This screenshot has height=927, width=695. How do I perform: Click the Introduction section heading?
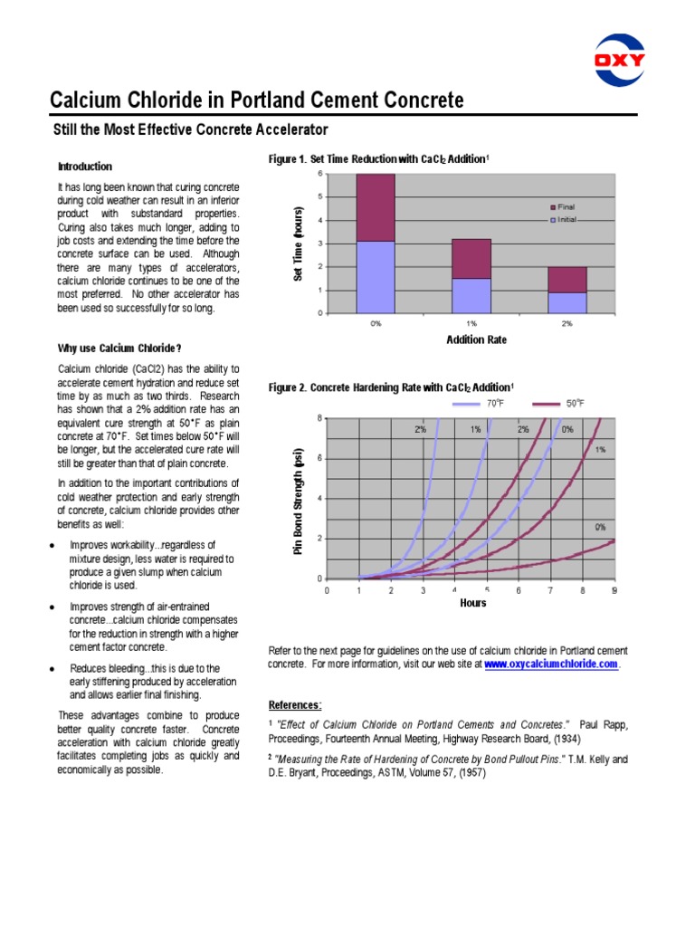pos(85,167)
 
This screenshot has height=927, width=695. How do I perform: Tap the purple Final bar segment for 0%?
pos(376,207)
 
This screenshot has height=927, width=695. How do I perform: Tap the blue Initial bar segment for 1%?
pos(471,295)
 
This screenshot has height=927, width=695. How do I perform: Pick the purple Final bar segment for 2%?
pos(567,279)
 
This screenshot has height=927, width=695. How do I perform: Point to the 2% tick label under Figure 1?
pos(567,323)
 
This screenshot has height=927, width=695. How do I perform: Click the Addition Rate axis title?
pos(477,339)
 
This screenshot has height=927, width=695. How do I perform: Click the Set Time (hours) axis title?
pos(298,243)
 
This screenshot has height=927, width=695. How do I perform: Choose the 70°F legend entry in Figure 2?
pos(480,403)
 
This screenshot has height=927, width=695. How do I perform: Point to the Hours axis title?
pos(472,603)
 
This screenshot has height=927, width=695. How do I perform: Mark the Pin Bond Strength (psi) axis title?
pos(298,501)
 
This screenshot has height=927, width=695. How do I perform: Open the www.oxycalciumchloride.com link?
pos(551,664)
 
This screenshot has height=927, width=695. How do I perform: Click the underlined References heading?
pos(295,704)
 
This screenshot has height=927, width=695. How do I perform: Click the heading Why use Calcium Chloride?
pos(119,349)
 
